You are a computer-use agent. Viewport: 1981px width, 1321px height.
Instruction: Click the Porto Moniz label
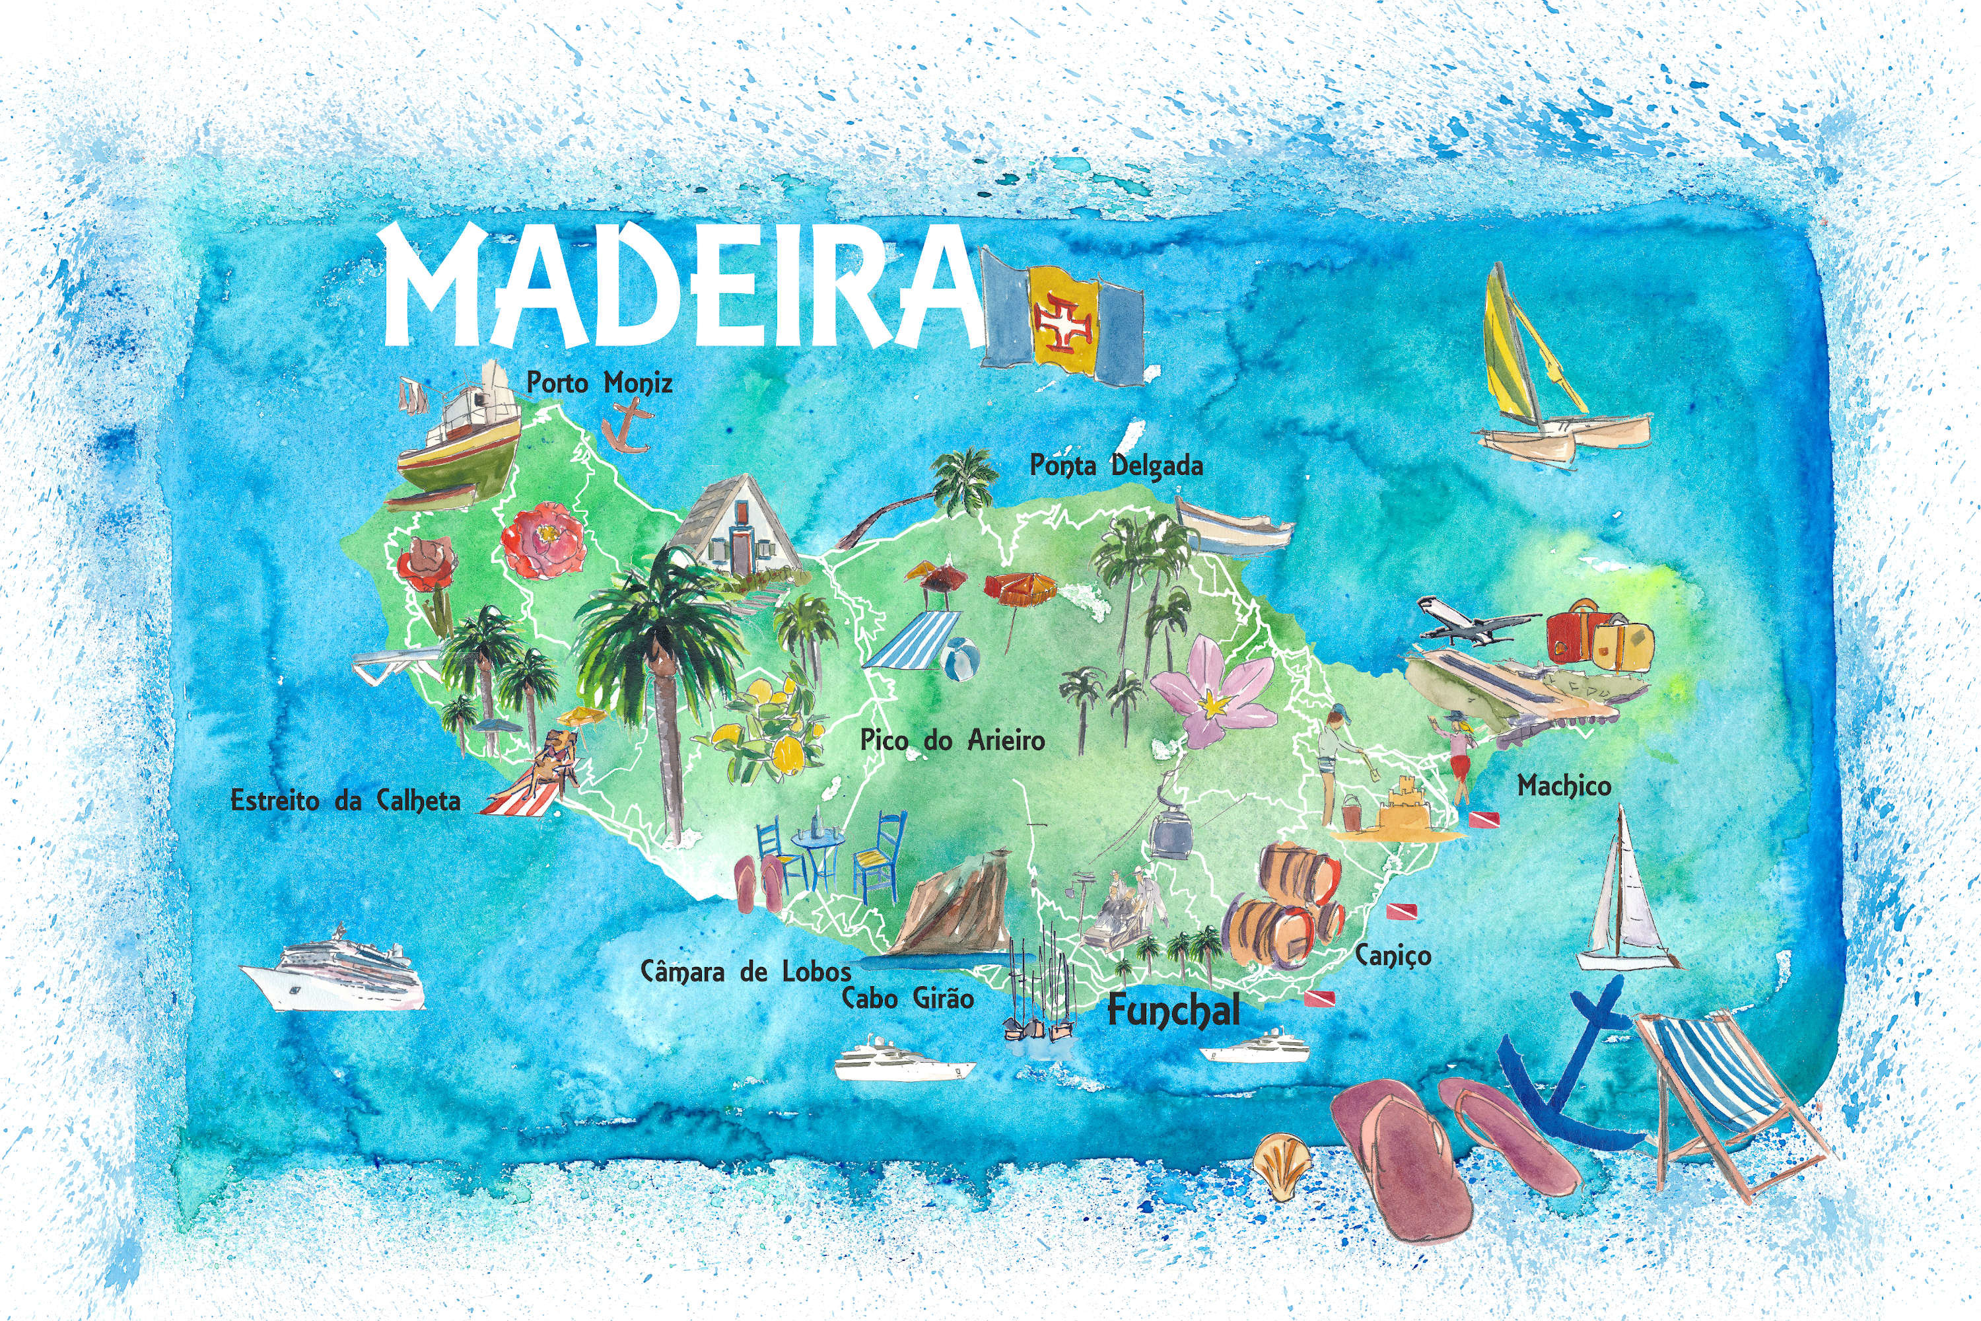599,383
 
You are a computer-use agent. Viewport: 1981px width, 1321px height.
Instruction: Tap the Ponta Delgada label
1117,465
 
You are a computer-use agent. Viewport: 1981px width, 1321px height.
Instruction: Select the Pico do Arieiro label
953,740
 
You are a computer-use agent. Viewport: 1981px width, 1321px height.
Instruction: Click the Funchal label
1173,1009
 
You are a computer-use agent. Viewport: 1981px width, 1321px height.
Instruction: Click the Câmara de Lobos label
746,972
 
